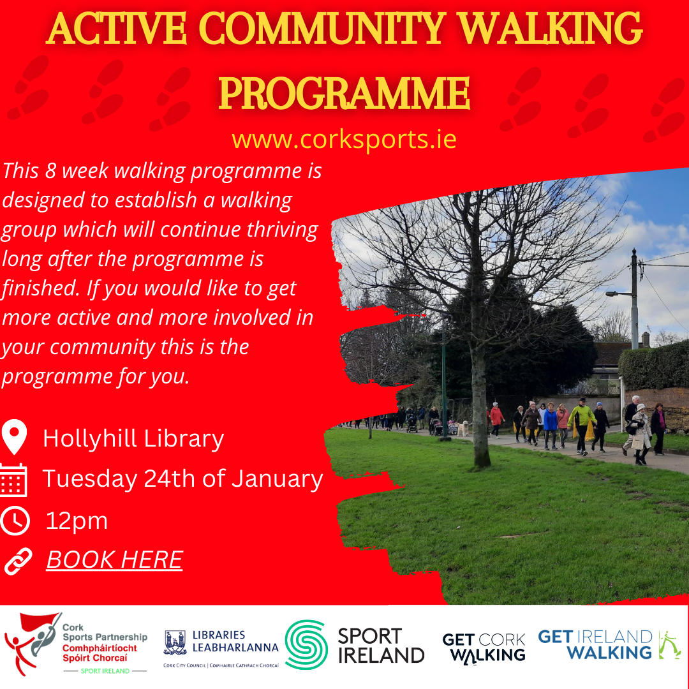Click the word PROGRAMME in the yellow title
point(344,94)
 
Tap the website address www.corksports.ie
point(344,138)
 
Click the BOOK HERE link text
point(114,559)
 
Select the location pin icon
point(14,438)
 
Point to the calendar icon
point(13,479)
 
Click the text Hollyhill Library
point(133,438)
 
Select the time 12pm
point(77,521)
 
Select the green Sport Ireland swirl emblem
point(306,644)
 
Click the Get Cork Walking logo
point(484,646)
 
